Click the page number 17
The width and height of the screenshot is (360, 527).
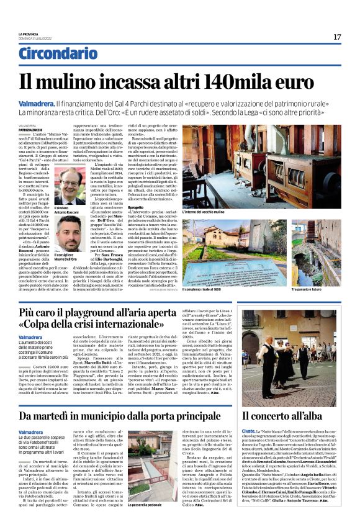[x=337, y=37]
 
